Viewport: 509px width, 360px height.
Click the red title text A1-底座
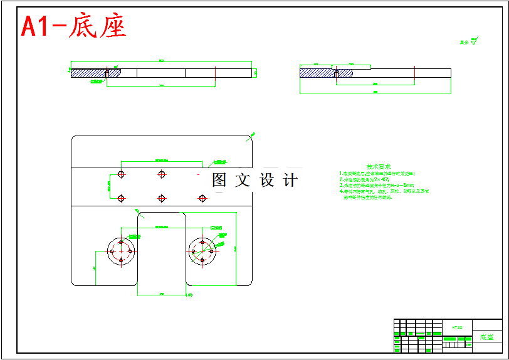(74, 26)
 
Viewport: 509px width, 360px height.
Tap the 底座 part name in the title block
(486, 337)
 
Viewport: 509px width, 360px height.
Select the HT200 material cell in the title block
(457, 327)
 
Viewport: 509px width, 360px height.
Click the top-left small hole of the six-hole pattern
(122, 174)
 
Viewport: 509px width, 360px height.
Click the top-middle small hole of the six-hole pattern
(162, 174)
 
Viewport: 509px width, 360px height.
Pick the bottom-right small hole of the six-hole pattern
(202, 198)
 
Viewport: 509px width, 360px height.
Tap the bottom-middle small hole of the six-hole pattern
(162, 198)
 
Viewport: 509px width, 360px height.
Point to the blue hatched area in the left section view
(88, 73)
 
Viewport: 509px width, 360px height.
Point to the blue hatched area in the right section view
(316, 73)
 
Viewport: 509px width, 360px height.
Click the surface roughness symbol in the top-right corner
(474, 42)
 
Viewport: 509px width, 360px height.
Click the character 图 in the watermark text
(219, 181)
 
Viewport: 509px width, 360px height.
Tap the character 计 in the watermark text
(290, 181)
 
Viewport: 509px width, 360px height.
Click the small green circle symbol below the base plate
(191, 294)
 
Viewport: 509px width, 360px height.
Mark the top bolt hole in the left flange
(121, 242)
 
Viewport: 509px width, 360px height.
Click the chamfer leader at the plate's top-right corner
(252, 135)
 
